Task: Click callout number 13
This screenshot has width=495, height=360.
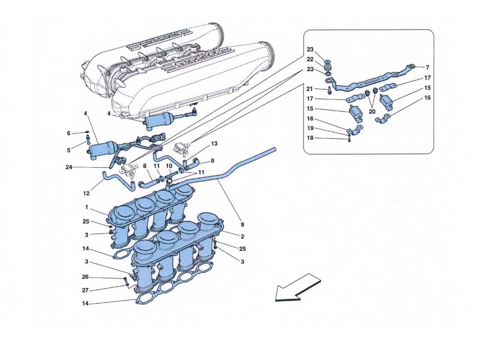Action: pos(214,144)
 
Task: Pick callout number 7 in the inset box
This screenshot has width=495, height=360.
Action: pos(427,67)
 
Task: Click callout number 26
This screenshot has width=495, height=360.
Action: pos(85,277)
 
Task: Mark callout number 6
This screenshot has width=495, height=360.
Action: pos(69,133)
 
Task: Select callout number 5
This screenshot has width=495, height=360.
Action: pos(69,150)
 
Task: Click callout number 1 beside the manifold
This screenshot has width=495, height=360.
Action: pos(86,207)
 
